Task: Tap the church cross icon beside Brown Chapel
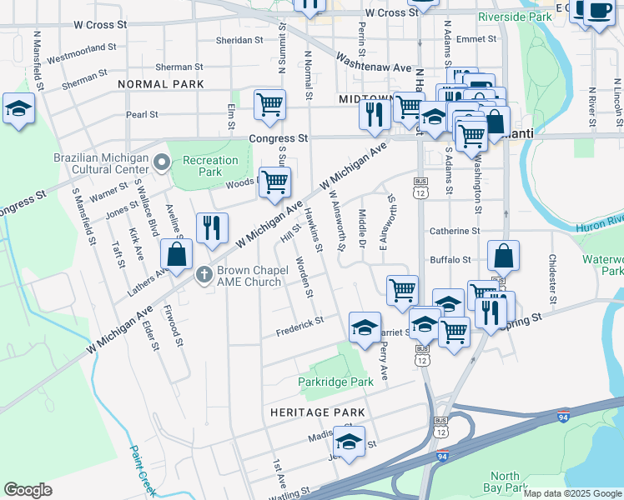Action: click(203, 274)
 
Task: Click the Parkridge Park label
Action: click(336, 382)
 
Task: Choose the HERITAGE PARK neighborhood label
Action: click(317, 412)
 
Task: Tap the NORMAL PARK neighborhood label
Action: click(161, 84)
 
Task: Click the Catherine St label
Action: click(455, 231)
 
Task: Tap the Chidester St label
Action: click(551, 278)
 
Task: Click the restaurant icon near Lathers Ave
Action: click(212, 227)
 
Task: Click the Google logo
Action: click(28, 490)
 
